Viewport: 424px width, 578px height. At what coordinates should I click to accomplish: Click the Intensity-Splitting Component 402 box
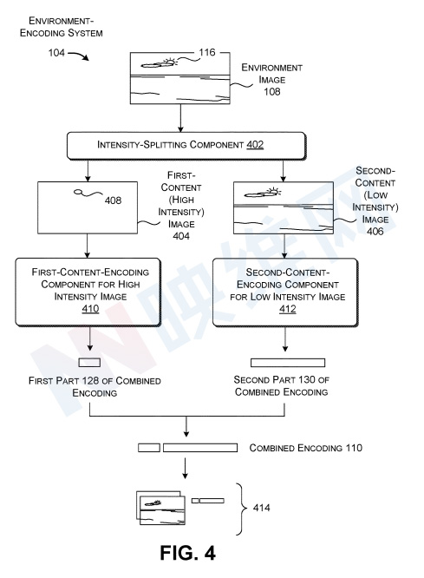click(x=186, y=146)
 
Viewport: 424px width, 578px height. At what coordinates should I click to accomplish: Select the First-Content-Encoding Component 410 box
click(x=88, y=292)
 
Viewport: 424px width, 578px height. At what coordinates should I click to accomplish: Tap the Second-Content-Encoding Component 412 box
click(x=285, y=292)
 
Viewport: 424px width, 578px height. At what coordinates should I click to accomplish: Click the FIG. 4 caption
click(x=187, y=553)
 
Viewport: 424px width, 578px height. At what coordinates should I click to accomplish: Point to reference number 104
click(x=56, y=53)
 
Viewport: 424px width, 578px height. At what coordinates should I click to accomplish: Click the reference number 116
click(x=207, y=52)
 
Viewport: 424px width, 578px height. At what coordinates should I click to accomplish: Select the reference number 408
click(x=113, y=200)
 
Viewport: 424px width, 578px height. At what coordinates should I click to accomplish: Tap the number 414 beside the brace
click(x=261, y=508)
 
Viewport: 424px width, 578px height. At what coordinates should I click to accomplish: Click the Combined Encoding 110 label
click(x=306, y=448)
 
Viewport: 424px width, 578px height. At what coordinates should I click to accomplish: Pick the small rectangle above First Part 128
click(x=89, y=363)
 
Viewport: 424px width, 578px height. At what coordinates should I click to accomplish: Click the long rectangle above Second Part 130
click(x=288, y=363)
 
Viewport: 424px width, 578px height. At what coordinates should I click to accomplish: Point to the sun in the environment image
click(x=170, y=62)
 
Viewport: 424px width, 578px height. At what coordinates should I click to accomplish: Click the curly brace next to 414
click(x=242, y=509)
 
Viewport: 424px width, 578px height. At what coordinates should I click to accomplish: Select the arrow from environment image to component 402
click(x=180, y=118)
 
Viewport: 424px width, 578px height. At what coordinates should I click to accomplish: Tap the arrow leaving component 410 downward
click(x=90, y=338)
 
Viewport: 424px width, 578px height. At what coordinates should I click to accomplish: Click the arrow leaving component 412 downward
click(x=284, y=339)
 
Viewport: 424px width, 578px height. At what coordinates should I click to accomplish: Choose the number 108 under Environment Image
click(x=272, y=91)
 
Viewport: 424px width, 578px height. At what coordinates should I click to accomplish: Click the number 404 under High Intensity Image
click(x=181, y=236)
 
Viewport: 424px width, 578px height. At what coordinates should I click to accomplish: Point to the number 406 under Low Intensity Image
click(x=375, y=231)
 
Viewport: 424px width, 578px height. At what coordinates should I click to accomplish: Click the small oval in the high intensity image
click(x=78, y=192)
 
